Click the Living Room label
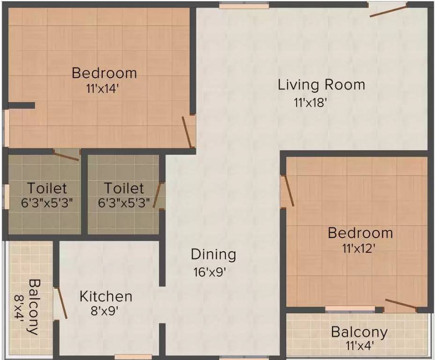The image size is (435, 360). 321,85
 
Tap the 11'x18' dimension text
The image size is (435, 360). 309,102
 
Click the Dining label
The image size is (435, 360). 213,255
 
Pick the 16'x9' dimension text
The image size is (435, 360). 210,272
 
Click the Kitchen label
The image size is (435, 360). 106,297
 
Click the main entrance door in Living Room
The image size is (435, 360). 388,10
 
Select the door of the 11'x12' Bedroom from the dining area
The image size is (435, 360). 287,191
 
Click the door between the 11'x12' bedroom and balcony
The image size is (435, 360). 401,304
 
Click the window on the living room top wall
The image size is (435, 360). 244,6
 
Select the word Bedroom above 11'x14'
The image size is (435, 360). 104,73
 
